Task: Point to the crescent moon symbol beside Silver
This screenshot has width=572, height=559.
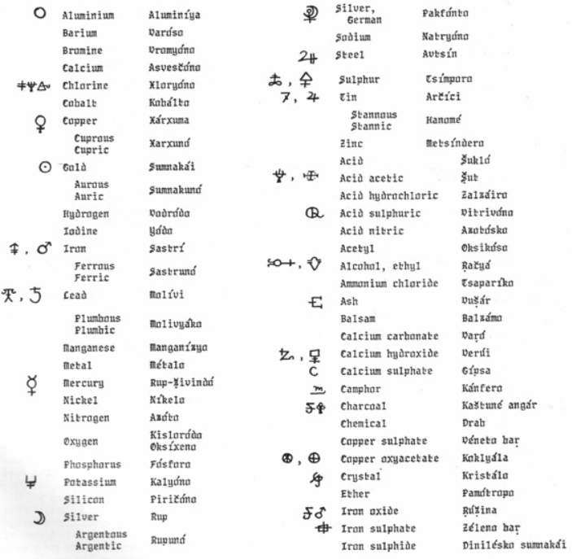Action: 37,518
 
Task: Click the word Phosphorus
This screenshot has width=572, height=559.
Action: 92,465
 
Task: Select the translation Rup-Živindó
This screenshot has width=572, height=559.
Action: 183,382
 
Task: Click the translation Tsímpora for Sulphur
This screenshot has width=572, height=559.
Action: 448,79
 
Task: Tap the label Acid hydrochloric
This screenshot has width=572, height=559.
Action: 388,195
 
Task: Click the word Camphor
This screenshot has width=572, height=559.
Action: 360,389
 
